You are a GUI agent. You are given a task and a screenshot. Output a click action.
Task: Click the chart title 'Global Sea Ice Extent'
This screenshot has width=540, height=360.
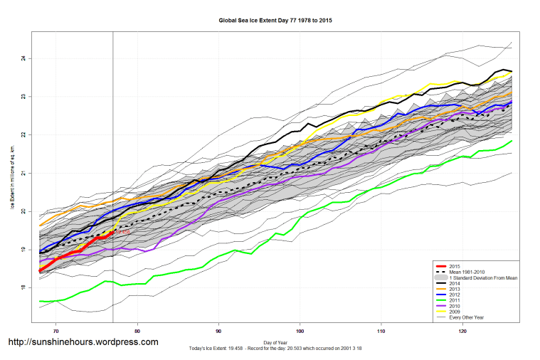[275, 21]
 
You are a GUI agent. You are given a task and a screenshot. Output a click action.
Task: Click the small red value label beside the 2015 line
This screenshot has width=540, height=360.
[122, 232]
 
